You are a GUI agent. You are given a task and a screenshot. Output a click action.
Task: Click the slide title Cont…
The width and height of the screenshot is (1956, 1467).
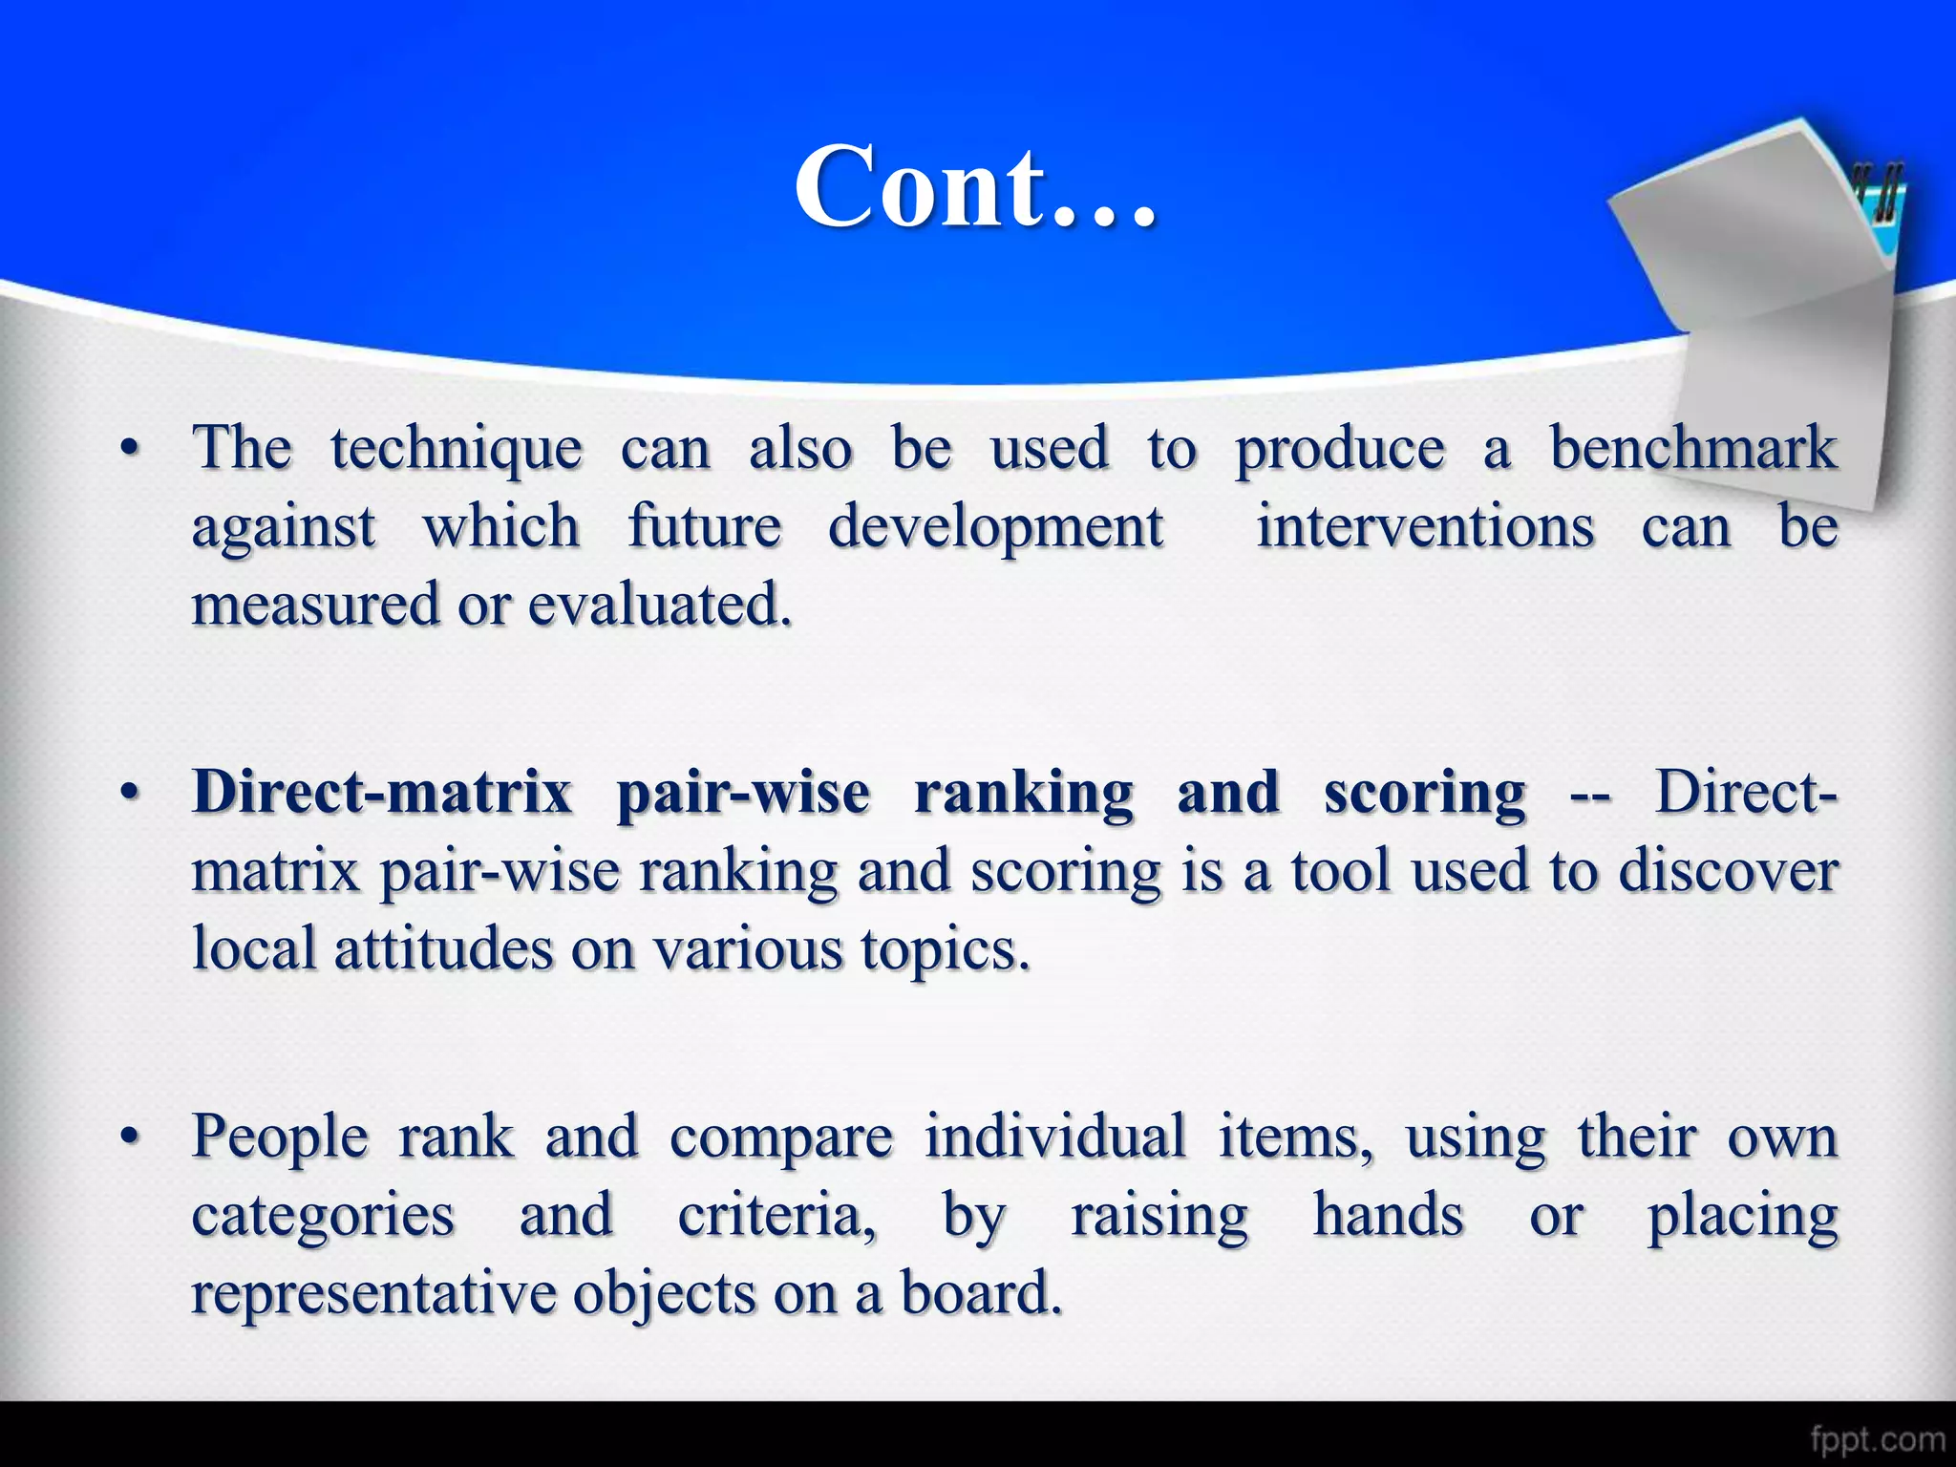point(976,187)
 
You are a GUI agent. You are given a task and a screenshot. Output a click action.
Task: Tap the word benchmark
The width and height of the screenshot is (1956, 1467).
point(1693,449)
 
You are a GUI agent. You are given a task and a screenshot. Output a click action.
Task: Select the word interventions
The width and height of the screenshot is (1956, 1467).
point(1425,527)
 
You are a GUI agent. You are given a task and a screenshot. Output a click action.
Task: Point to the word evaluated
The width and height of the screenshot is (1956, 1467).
point(660,606)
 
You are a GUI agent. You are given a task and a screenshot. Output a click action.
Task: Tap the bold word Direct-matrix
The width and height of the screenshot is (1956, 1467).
point(382,793)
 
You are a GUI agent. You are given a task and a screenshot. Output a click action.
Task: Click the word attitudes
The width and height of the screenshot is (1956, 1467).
point(443,949)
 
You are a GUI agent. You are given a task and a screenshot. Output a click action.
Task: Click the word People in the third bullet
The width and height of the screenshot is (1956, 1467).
point(280,1138)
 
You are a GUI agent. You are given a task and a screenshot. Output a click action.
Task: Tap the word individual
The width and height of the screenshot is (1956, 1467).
point(1055,1137)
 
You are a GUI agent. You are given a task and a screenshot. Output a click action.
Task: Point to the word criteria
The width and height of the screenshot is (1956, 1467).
point(776,1216)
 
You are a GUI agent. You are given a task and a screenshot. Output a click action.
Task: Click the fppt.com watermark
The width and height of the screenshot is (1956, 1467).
point(1877,1438)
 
